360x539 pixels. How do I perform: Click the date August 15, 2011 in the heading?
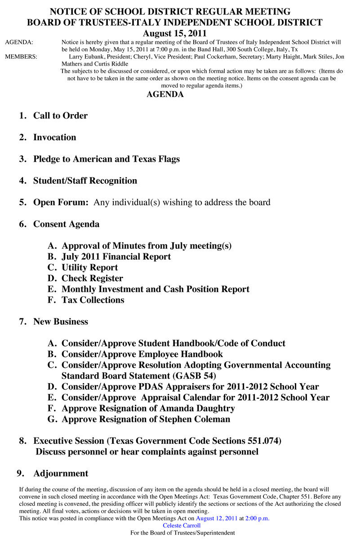click(x=174, y=33)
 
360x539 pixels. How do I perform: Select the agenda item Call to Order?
click(x=60, y=115)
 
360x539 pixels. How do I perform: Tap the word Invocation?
click(x=54, y=137)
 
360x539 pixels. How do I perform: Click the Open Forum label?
click(x=61, y=202)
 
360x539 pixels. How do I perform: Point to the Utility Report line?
click(x=89, y=267)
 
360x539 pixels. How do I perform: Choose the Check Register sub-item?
click(x=92, y=278)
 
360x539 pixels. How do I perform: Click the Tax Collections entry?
click(x=93, y=300)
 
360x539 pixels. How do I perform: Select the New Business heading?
click(x=60, y=322)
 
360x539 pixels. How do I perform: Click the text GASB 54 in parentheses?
click(x=195, y=376)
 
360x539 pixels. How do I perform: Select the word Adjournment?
click(x=61, y=473)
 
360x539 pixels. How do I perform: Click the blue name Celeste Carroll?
click(x=182, y=526)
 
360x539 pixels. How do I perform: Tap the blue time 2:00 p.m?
click(x=258, y=518)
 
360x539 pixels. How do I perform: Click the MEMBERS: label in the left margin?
click(x=21, y=57)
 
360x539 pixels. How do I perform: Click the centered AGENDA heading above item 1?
click(x=165, y=94)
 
